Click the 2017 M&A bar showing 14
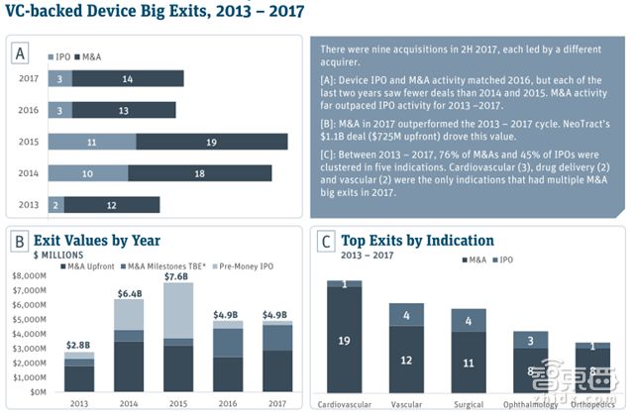128,78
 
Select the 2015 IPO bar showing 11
92,142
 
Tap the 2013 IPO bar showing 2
56,205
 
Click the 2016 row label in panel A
30,110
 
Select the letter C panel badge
325,240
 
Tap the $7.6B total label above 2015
178,276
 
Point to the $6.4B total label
130,293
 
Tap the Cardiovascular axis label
345,405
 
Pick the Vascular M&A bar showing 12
406,360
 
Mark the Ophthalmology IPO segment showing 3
530,341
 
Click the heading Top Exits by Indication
417,240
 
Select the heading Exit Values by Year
97,240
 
